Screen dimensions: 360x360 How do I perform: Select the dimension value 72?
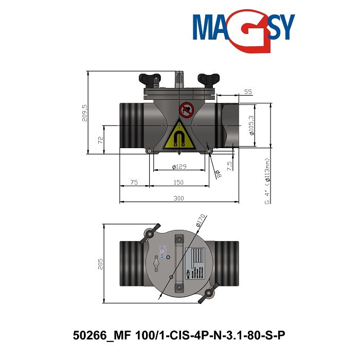pos(101,139)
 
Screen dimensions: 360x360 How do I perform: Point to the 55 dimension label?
pos(248,92)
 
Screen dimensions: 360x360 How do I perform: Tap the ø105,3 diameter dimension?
pos(251,125)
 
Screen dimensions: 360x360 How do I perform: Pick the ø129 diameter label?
pos(178,167)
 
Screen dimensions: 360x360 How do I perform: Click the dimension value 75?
pos(134,183)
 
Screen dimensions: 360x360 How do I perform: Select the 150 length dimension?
pos(178,183)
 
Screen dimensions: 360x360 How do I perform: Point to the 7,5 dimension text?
pos(230,166)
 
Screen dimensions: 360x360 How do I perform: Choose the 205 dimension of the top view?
pos(101,263)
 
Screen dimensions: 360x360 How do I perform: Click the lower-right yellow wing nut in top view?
pos(209,293)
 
